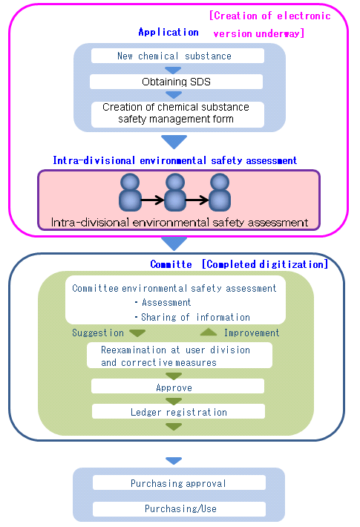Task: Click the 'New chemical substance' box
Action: (x=177, y=56)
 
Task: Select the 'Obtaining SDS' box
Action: (x=176, y=82)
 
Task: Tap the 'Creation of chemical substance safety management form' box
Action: (x=177, y=114)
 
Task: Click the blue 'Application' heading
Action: (x=168, y=32)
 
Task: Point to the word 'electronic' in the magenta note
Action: (x=304, y=16)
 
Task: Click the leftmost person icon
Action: (x=130, y=192)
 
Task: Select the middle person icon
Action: (x=174, y=192)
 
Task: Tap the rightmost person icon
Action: (x=220, y=192)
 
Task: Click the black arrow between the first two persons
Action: (x=152, y=200)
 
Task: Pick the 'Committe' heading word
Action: (x=171, y=264)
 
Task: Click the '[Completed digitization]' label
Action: (x=265, y=264)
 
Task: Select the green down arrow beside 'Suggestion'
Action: (x=137, y=333)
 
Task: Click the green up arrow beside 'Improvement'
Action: (x=209, y=332)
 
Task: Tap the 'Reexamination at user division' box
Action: (x=180, y=356)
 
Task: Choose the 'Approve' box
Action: (x=177, y=386)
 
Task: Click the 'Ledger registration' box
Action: (x=178, y=411)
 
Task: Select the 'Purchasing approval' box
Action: (x=179, y=482)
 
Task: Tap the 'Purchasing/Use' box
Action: (x=179, y=509)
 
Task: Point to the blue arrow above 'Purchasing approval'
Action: (x=174, y=461)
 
